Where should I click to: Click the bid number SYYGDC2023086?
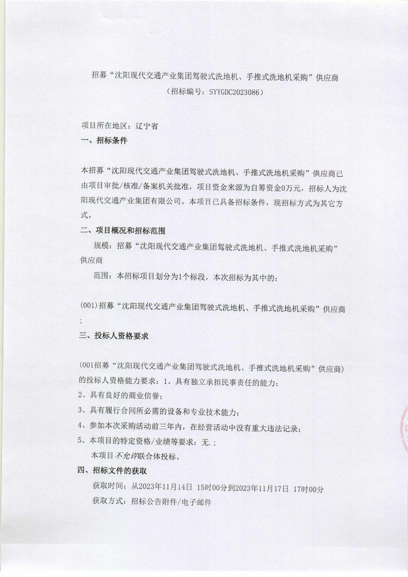(233, 92)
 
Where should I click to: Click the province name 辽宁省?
(147, 126)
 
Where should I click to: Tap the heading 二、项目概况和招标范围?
(123, 231)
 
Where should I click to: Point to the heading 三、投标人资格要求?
(114, 336)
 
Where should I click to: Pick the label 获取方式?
(108, 503)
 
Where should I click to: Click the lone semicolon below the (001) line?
(81, 321)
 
